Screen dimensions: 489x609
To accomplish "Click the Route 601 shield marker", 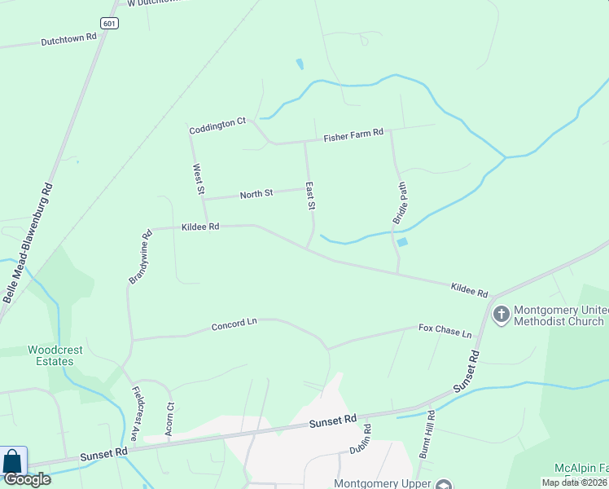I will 110,23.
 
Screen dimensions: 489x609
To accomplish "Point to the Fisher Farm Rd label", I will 353,137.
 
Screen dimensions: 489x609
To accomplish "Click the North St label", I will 256,194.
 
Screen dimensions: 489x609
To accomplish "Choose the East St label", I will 310,196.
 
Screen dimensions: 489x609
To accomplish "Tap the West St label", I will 198,179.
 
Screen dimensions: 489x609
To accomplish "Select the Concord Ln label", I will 234,324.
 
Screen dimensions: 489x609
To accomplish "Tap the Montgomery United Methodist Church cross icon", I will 501,313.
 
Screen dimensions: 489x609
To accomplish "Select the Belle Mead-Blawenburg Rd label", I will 28,243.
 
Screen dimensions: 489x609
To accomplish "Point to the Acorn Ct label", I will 169,419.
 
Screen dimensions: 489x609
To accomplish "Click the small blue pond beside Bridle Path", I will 402,242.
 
